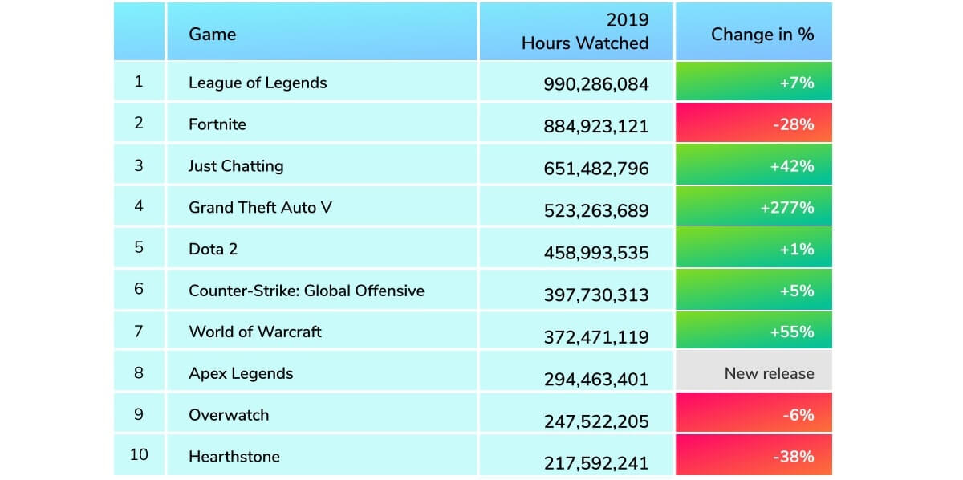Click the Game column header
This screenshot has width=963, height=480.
point(212,35)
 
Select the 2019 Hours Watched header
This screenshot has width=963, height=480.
point(584,32)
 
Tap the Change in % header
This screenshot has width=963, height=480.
point(762,35)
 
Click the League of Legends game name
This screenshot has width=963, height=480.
point(258,83)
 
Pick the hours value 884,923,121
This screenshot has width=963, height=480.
point(596,126)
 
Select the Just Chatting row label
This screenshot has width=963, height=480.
point(236,166)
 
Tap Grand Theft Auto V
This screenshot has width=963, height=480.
point(260,208)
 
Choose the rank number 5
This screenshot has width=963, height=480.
point(139,247)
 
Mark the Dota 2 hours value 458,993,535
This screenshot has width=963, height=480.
point(596,251)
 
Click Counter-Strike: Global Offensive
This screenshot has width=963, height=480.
point(306,291)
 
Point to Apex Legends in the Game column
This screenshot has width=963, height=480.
point(241,373)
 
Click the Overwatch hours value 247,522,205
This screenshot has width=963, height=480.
point(596,421)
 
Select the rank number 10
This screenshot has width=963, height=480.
point(139,454)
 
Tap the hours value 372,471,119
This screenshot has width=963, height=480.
point(596,337)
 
